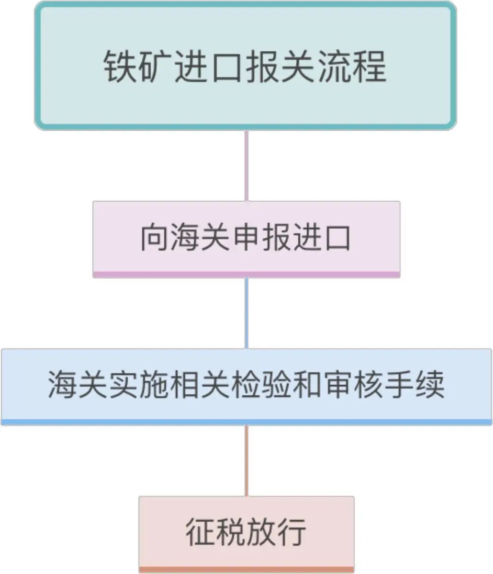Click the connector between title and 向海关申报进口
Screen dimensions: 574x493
(x=246, y=165)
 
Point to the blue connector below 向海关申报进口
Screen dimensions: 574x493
(x=246, y=313)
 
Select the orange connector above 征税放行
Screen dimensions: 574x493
(x=246, y=460)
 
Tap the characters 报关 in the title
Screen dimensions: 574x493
(x=281, y=67)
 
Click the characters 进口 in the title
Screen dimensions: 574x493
(x=210, y=67)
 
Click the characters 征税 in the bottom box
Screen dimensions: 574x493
(x=215, y=532)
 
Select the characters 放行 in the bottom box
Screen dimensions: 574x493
(x=276, y=532)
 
